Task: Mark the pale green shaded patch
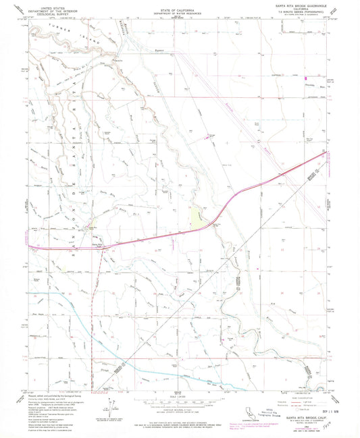tap(197, 217)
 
